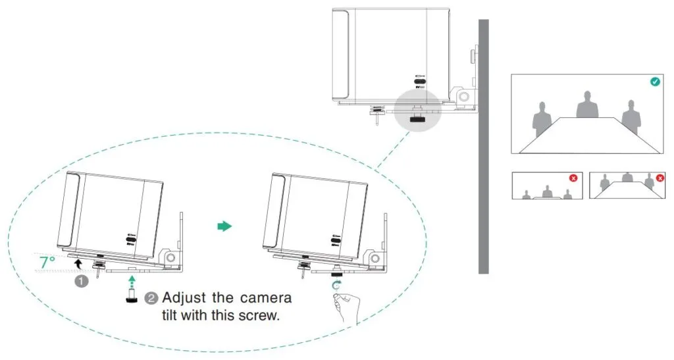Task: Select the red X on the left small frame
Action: pyautogui.click(x=573, y=178)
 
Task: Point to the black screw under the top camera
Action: pyautogui.click(x=417, y=119)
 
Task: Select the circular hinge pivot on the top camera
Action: pyautogui.click(x=464, y=96)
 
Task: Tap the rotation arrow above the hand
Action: pyautogui.click(x=338, y=284)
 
